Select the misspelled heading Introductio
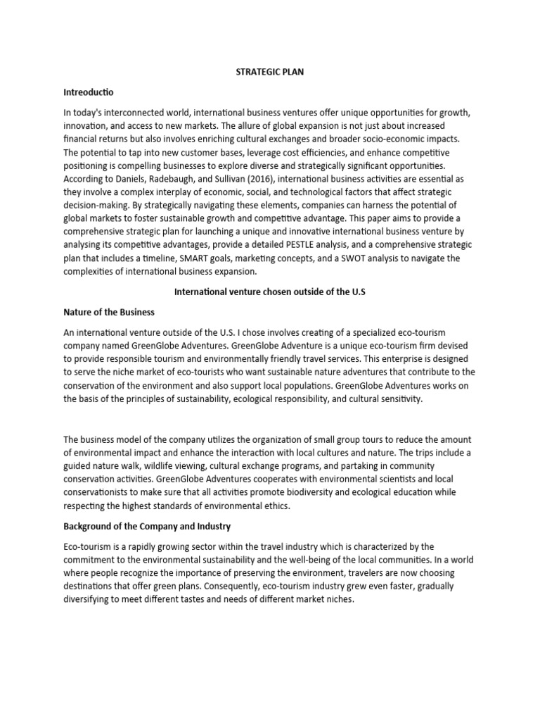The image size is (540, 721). (88, 92)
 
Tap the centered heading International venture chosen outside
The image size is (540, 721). (270, 292)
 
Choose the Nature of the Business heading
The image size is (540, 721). (108, 312)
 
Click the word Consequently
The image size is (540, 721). (233, 587)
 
